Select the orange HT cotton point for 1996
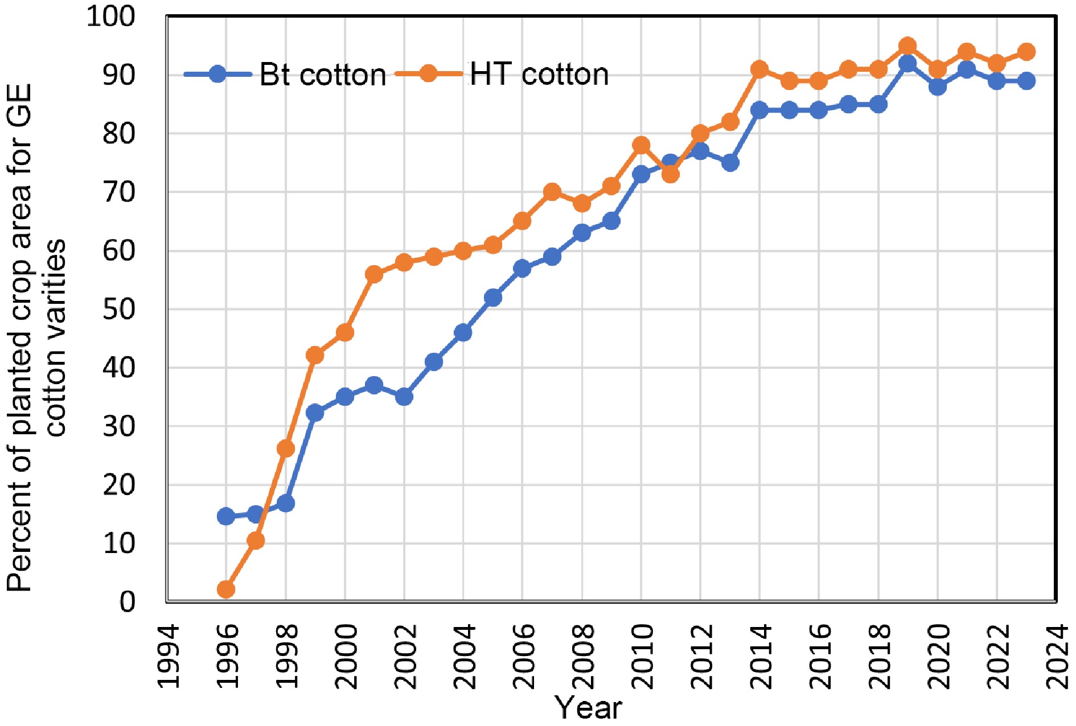(x=226, y=589)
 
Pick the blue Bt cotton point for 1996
(x=226, y=516)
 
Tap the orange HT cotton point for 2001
(x=374, y=274)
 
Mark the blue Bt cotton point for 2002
(x=404, y=397)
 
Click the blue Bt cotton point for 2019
(x=907, y=63)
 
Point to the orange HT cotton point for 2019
(x=907, y=46)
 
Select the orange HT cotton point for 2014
(x=759, y=69)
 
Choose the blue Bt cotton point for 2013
(x=730, y=163)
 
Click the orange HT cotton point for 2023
(x=1026, y=52)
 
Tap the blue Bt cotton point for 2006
(x=522, y=268)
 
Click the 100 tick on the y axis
(x=111, y=16)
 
